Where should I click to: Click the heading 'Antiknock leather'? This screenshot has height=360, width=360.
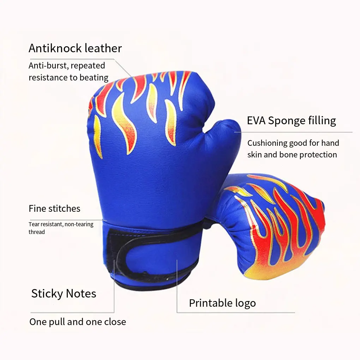click(75, 48)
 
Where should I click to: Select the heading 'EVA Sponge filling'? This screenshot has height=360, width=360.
click(291, 121)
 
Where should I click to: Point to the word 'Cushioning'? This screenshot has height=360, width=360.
click(267, 143)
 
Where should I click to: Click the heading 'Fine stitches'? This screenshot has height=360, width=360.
click(54, 209)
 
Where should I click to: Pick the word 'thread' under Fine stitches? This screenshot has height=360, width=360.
click(37, 232)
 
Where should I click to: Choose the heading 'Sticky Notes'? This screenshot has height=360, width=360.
click(64, 294)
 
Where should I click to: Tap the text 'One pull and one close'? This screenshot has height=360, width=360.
click(77, 322)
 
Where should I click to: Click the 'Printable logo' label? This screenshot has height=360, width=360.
click(222, 303)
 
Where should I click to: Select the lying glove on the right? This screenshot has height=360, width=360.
click(272, 226)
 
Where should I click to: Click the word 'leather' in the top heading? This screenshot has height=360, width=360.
click(104, 48)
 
